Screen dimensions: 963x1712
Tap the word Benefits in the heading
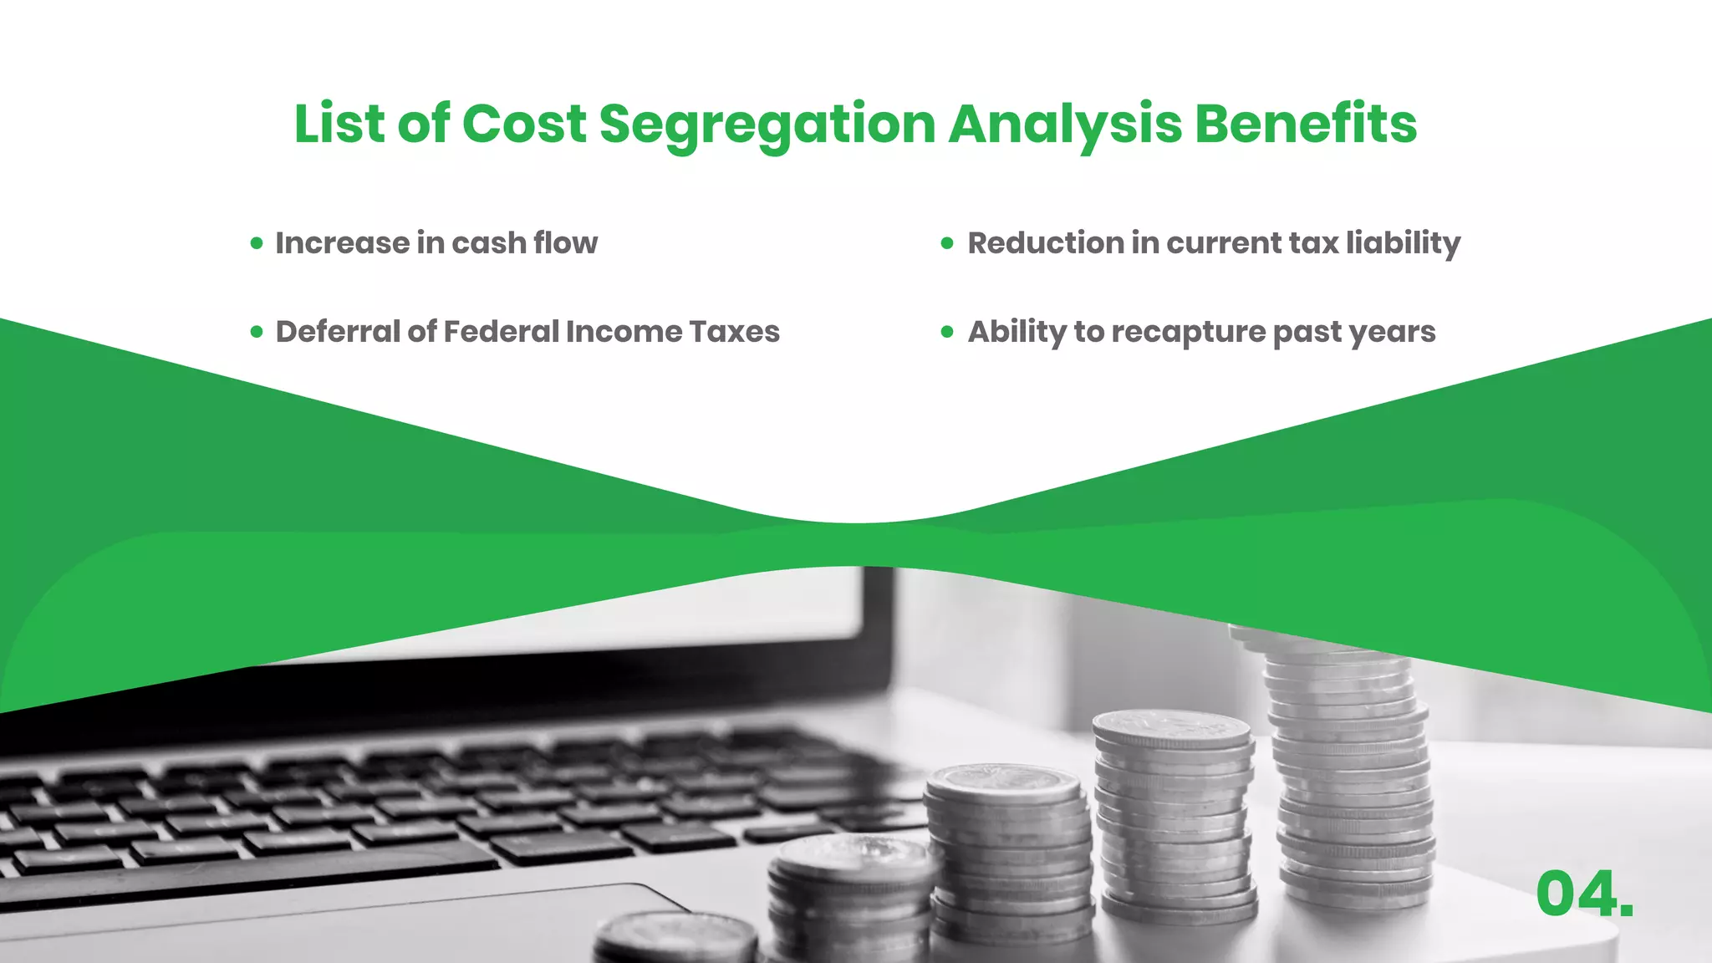point(1306,124)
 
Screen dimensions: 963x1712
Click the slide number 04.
point(1584,894)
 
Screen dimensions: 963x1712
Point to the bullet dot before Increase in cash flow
point(257,243)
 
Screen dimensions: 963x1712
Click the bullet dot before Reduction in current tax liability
point(947,243)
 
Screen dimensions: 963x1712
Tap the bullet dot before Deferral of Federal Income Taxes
point(257,332)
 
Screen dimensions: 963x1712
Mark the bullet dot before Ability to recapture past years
point(947,332)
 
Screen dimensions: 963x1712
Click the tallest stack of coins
point(1348,777)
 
